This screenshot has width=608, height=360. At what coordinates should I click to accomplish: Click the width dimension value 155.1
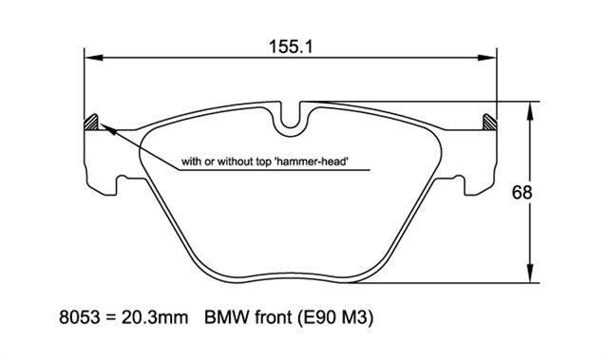coord(291,47)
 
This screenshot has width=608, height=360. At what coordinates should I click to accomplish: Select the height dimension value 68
coord(522,193)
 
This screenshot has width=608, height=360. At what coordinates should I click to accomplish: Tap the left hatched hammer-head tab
coord(91,123)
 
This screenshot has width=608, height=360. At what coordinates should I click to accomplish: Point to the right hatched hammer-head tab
coord(489,123)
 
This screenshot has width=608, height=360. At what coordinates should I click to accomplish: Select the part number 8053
coord(79,318)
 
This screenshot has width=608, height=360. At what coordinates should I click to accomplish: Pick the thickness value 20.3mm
coord(155,318)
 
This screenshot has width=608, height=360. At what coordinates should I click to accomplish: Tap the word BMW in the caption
coord(226,318)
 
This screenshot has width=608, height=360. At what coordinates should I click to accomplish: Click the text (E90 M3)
coord(335,318)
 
